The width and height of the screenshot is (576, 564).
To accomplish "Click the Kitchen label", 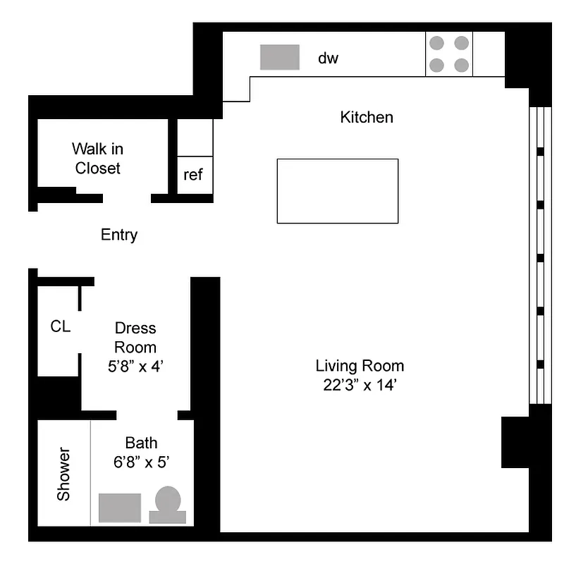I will [x=367, y=117].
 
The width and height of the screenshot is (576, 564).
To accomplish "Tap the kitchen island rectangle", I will [x=337, y=191].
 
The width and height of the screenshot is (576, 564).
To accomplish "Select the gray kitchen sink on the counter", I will [x=280, y=57].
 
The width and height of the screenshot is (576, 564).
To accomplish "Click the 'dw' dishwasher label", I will [x=328, y=59].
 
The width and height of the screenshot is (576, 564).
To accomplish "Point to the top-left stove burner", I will [x=437, y=43].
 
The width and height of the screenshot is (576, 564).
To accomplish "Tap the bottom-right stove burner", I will [x=461, y=66].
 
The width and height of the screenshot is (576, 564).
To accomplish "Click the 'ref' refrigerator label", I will [x=193, y=175].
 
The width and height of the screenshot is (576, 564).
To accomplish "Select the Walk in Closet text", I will [x=98, y=159].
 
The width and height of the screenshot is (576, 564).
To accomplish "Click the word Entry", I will [x=119, y=235].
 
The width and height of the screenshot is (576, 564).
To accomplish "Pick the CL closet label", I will [x=61, y=326].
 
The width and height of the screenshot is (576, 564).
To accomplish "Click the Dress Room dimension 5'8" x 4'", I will [x=135, y=367].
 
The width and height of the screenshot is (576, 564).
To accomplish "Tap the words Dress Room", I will [x=135, y=338].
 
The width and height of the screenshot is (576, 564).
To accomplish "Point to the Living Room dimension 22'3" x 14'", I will [x=360, y=386].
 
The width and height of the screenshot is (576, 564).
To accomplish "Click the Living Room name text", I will [x=360, y=366].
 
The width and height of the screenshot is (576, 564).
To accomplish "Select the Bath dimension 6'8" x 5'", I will [x=141, y=462].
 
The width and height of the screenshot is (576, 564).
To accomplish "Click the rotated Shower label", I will [x=64, y=474].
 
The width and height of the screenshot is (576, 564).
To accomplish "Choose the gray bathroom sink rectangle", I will [x=120, y=508].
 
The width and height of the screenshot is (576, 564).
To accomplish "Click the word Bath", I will [x=141, y=443].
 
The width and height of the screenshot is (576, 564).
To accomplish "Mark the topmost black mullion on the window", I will [x=540, y=152].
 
